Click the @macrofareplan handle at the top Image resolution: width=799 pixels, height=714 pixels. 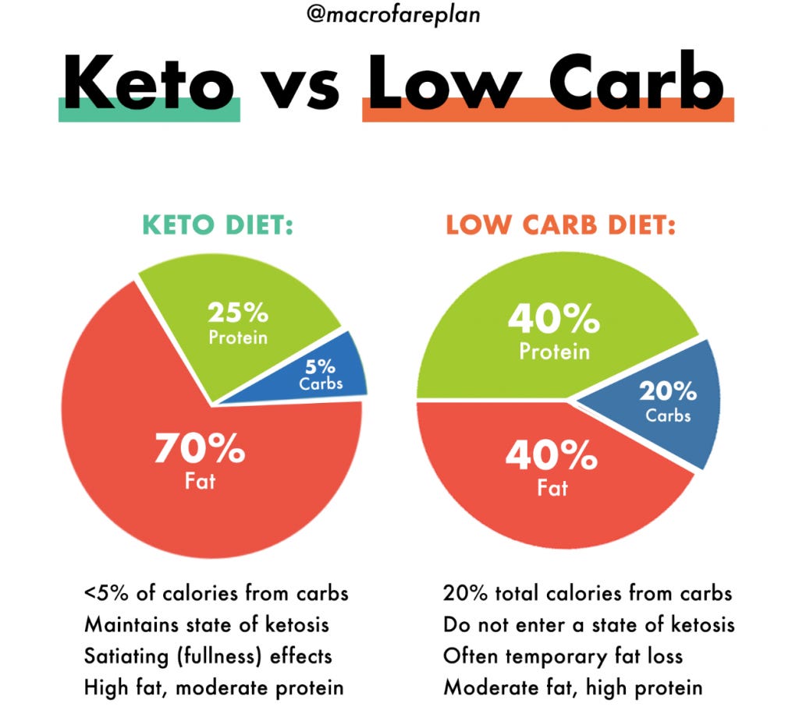tap(399, 15)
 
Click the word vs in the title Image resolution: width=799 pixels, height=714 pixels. tap(301, 86)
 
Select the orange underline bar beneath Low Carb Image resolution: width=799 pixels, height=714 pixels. tap(548, 111)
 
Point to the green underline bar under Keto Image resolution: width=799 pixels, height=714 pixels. tap(149, 111)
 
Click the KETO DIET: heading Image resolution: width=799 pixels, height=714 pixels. tap(217, 226)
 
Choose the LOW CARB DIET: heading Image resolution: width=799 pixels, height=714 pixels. tap(560, 226)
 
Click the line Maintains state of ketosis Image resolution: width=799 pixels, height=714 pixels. tap(207, 624)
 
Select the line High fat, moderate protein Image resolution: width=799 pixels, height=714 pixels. tap(214, 687)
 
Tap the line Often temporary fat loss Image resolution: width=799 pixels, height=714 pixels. tap(563, 656)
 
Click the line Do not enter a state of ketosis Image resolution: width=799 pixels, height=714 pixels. tap(588, 624)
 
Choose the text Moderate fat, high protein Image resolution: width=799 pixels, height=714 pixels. tap(573, 687)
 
